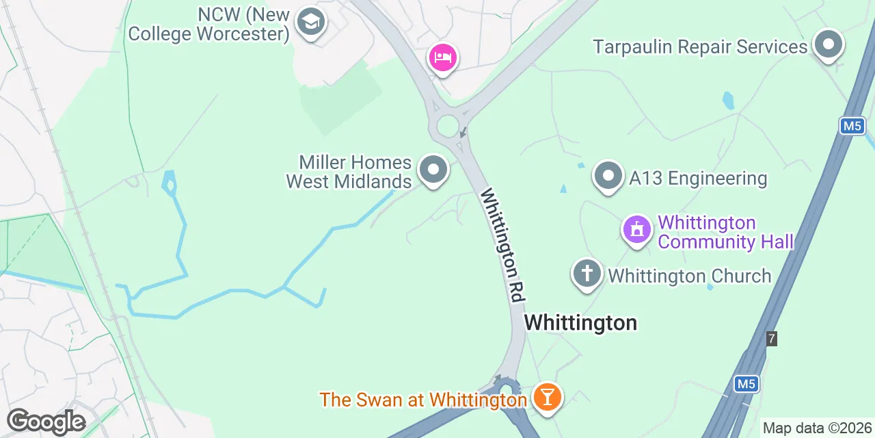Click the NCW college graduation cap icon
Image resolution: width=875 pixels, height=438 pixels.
tap(311, 23)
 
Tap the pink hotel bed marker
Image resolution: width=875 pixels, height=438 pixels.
tap(442, 57)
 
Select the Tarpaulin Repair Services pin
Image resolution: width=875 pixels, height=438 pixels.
tap(829, 45)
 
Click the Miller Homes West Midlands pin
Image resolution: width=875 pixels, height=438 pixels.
tap(433, 170)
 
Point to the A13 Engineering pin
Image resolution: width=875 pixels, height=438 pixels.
tap(608, 177)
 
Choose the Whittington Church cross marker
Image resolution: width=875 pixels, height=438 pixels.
tap(587, 274)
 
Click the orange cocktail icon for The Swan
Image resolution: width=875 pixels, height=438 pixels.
tap(547, 396)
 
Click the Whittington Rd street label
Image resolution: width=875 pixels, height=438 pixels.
tap(502, 245)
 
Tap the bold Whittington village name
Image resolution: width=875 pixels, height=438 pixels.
tap(580, 322)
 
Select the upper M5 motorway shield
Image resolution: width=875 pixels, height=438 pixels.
tap(852, 126)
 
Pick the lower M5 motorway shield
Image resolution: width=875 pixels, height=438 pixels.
tap(747, 385)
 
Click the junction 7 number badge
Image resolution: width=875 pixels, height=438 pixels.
tap(772, 338)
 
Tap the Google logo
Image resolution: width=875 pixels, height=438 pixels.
tap(46, 422)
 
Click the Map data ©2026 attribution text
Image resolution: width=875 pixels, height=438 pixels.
tap(817, 428)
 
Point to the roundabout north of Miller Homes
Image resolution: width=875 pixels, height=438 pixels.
tap(448, 126)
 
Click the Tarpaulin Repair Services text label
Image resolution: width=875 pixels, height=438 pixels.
tap(700, 47)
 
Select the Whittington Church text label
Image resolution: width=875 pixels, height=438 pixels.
tap(689, 276)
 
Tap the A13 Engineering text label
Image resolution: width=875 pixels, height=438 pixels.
tap(698, 179)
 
